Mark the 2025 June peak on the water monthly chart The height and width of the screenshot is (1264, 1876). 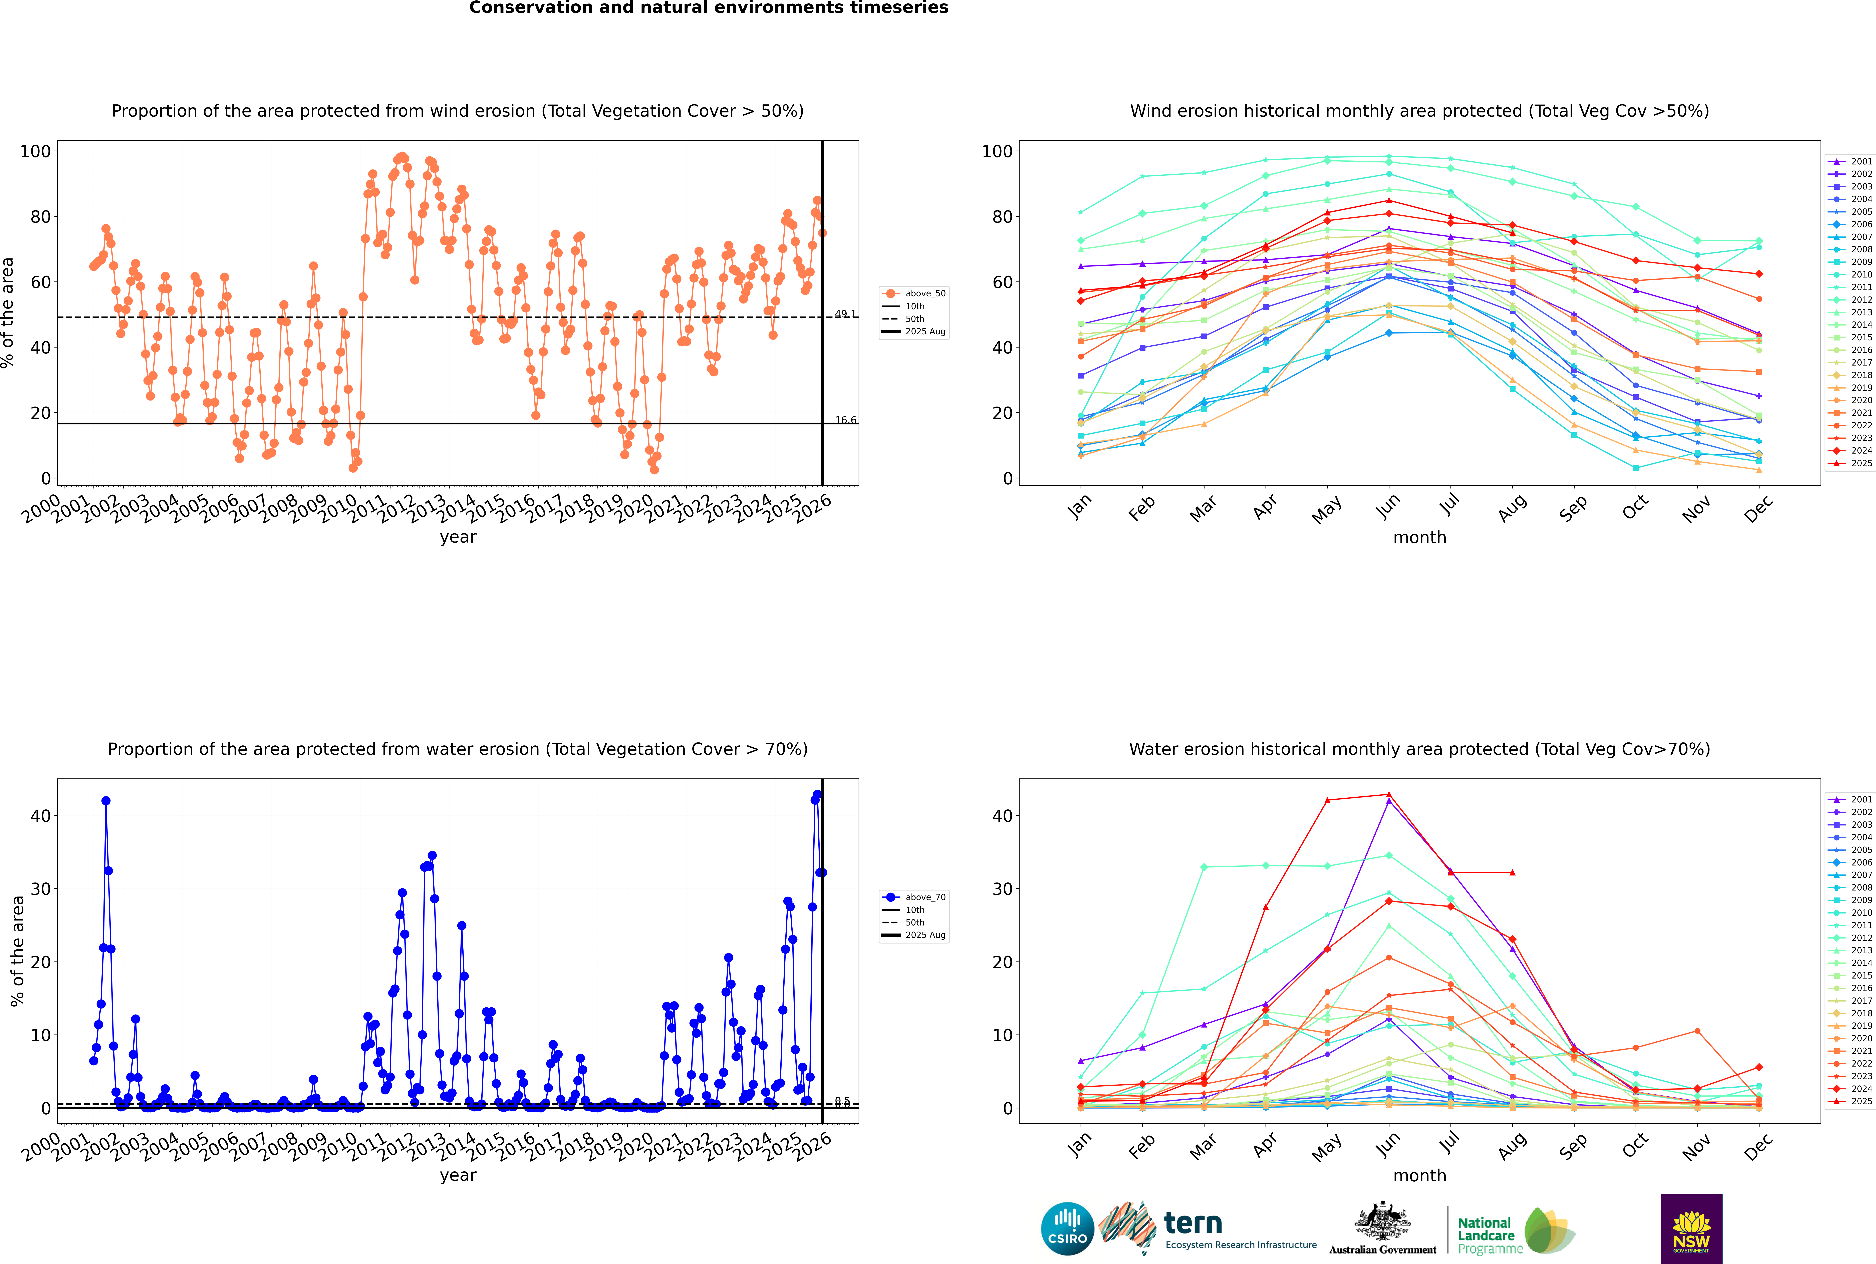[x=1388, y=794]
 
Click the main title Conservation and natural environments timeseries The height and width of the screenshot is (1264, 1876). [x=708, y=8]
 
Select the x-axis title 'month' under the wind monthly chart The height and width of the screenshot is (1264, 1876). [x=1419, y=538]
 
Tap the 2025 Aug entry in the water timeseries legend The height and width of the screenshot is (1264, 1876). [x=925, y=935]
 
